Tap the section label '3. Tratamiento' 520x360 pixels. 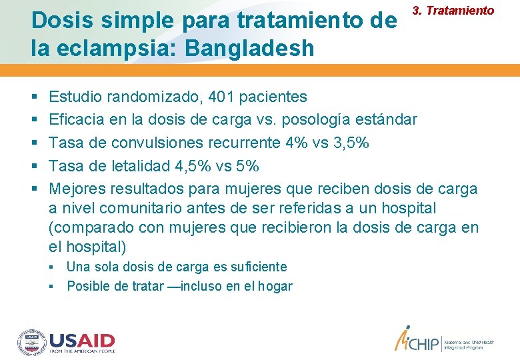pyautogui.click(x=453, y=11)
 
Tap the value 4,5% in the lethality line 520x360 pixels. pyautogui.click(x=205, y=165)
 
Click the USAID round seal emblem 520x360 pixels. pyautogui.click(x=31, y=341)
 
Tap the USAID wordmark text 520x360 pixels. pyautogui.click(x=82, y=340)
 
